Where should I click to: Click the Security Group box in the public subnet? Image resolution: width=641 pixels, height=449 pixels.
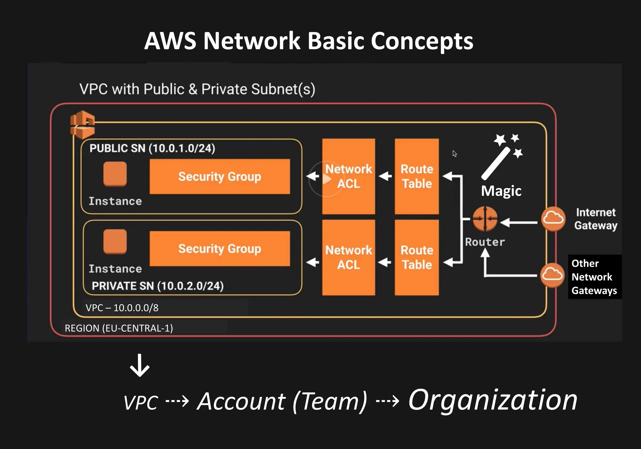coord(220,177)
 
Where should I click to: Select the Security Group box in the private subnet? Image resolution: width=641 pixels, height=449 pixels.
coord(220,249)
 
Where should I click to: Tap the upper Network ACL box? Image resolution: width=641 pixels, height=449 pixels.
coord(348,176)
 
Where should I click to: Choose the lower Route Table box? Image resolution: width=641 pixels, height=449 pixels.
coord(417,257)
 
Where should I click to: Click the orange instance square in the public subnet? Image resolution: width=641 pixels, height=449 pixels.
coord(115,174)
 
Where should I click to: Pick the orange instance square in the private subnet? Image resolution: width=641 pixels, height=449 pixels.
coord(115,241)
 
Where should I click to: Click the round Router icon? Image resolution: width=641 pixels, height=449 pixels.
coord(485,219)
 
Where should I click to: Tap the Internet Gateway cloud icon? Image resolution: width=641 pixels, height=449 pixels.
coord(553,219)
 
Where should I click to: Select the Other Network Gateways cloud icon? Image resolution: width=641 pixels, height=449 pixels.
coord(552,275)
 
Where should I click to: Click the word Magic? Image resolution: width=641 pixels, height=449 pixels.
coord(501,191)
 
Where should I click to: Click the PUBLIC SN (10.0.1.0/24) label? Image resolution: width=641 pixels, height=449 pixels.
coord(152,148)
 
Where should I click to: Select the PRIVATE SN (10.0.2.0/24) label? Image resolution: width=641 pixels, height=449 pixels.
coord(158,286)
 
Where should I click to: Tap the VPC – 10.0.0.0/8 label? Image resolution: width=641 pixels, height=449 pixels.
coord(122,308)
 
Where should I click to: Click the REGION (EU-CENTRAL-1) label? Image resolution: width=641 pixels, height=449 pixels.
coord(119,328)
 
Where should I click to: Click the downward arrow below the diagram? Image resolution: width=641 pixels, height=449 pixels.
coord(140,365)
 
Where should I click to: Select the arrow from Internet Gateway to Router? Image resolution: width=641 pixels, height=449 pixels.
coord(519,222)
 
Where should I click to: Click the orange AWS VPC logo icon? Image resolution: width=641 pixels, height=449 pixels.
coord(82,124)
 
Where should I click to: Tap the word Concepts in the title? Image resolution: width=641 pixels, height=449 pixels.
coord(422,41)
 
